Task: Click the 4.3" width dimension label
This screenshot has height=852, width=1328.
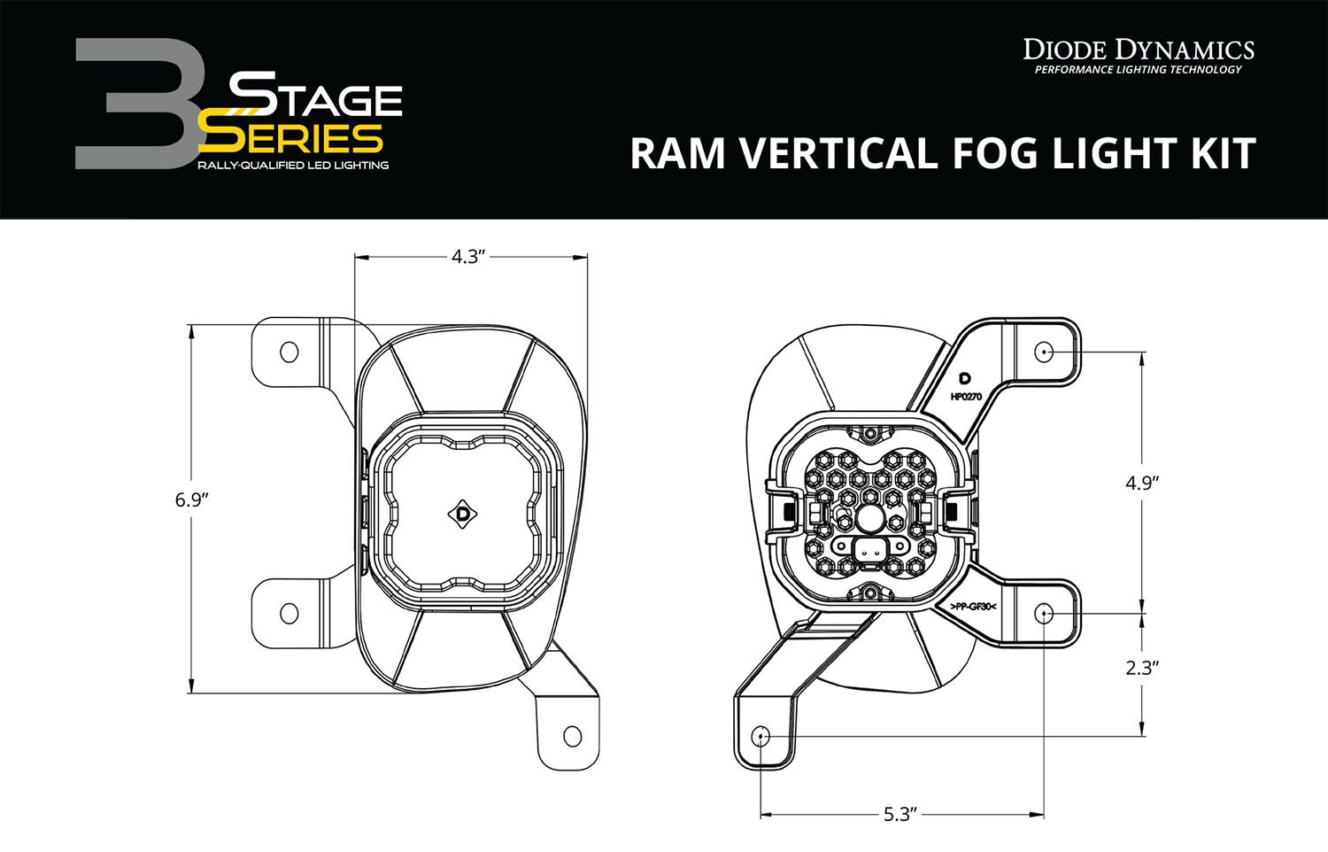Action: [469, 257]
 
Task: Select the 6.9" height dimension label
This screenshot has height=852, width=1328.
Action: [191, 500]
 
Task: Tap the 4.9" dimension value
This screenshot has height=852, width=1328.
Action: [1142, 483]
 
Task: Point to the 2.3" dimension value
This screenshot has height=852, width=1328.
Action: [1142, 668]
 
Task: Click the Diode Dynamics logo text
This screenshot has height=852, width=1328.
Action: [1139, 50]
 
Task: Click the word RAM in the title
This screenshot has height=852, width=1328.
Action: [680, 152]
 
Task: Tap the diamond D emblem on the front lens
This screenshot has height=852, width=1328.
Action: [462, 514]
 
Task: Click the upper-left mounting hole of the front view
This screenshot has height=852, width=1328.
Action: [289, 352]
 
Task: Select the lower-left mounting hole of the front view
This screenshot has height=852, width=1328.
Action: [289, 613]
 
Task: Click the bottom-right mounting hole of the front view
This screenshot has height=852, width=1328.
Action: [572, 736]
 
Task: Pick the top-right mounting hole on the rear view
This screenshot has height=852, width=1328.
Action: [1044, 352]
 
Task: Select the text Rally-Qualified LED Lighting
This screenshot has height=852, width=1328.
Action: [292, 166]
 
